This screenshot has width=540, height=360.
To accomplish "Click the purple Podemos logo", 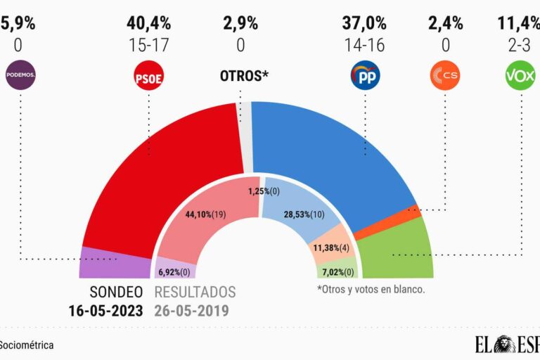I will (x=20, y=75).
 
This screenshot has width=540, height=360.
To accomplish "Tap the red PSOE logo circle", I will (x=148, y=77).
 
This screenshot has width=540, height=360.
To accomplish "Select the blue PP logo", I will (x=365, y=76).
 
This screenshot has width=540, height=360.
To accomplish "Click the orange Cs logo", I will (x=445, y=76).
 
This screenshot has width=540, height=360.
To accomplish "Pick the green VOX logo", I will (x=520, y=76).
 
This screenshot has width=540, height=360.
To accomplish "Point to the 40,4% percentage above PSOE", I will (x=148, y=22).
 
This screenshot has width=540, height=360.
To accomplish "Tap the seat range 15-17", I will (x=148, y=45).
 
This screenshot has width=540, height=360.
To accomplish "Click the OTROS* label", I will (x=244, y=76).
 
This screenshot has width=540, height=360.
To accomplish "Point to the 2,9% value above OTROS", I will (x=240, y=22).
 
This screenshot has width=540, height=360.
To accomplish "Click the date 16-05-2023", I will (x=106, y=309).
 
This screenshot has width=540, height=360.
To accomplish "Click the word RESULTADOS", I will (x=195, y=292).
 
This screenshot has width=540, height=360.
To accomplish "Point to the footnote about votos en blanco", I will (x=371, y=289).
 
